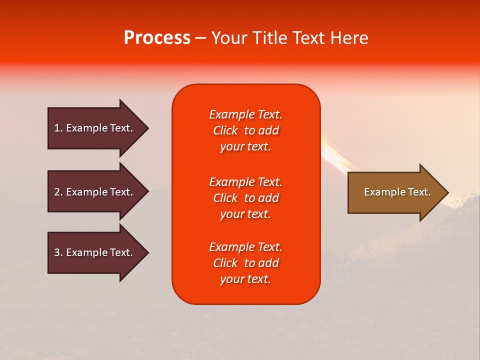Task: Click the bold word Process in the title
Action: (x=157, y=38)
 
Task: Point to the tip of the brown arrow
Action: (x=447, y=192)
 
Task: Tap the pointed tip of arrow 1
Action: (x=147, y=128)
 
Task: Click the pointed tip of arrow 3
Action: (x=147, y=253)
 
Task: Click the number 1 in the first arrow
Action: (x=57, y=128)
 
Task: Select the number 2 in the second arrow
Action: (x=57, y=192)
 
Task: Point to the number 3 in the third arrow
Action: (x=57, y=252)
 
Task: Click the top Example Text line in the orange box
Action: (x=245, y=114)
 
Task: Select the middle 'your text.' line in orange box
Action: (x=245, y=214)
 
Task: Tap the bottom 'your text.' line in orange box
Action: (x=245, y=279)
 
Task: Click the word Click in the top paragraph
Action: (x=225, y=130)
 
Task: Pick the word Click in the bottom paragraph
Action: (x=225, y=263)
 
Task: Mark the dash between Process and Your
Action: (x=200, y=38)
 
